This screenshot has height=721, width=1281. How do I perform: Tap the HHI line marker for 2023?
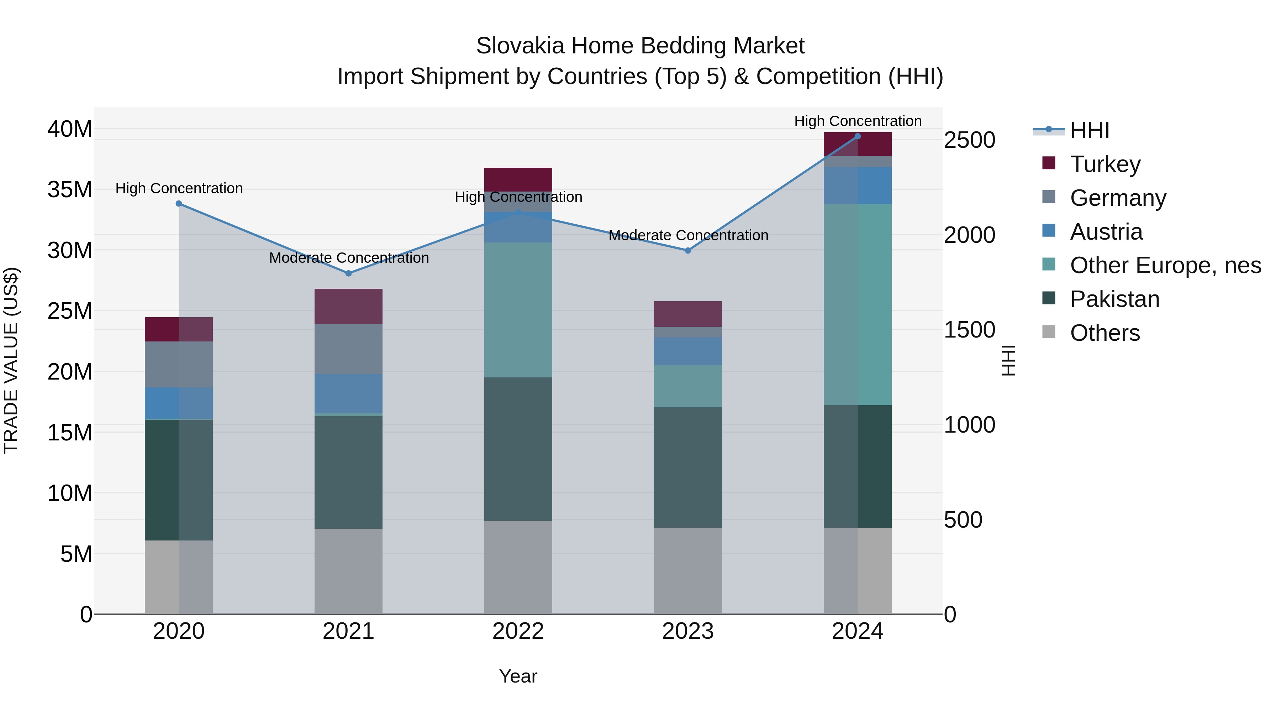pos(688,250)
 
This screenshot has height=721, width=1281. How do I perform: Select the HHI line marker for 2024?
pos(857,136)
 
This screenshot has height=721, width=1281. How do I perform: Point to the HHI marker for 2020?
pos(179,204)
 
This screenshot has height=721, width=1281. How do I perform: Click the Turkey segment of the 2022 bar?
pos(518,179)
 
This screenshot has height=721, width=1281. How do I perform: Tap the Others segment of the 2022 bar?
pos(518,567)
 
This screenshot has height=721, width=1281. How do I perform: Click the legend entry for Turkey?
pos(1105,164)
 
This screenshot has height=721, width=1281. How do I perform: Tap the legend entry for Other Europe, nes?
pos(1165,265)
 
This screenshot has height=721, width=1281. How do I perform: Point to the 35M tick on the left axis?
pos(70,189)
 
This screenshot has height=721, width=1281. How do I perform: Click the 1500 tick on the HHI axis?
pos(969,330)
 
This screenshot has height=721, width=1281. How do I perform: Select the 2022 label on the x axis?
pos(518,631)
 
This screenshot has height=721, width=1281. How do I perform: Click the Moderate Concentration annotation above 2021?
pos(349,258)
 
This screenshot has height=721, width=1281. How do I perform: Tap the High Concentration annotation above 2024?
pos(857,121)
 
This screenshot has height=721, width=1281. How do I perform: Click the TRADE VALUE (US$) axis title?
pos(11,360)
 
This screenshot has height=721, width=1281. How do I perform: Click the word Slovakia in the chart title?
pos(520,46)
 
